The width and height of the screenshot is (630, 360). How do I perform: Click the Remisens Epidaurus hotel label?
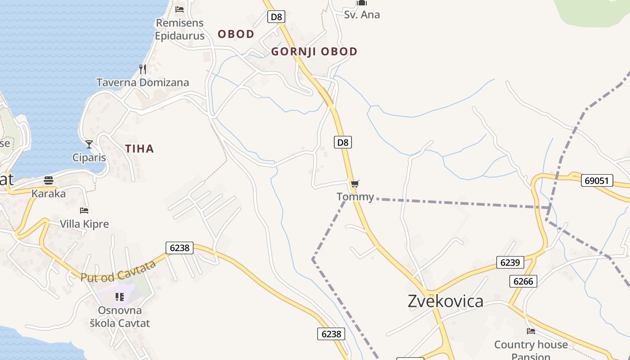[180, 29]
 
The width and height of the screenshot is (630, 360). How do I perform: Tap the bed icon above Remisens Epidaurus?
[180, 9]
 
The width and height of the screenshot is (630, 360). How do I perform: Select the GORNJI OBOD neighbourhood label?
[314, 51]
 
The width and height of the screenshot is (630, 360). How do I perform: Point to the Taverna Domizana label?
[143, 83]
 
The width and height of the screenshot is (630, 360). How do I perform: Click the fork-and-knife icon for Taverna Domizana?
[143, 69]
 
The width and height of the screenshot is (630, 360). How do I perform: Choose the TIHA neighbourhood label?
[139, 148]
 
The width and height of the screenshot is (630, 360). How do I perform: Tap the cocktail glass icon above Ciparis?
[89, 144]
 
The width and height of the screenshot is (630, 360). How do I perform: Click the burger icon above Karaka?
[49, 180]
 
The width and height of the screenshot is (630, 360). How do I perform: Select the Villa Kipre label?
[85, 224]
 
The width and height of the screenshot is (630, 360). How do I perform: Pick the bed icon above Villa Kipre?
[84, 210]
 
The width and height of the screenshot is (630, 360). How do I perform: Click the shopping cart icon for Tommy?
[355, 184]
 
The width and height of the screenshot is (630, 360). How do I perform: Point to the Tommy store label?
[355, 197]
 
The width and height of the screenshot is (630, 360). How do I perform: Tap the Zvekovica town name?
[445, 301]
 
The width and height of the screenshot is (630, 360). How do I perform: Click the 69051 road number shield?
[597, 180]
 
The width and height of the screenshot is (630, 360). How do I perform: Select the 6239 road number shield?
[510, 262]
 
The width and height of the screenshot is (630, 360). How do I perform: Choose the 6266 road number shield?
[523, 281]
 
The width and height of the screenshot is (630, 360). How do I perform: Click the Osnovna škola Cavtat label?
[120, 317]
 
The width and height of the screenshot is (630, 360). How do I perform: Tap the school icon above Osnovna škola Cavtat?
[120, 297]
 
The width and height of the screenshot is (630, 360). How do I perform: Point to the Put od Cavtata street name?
[118, 272]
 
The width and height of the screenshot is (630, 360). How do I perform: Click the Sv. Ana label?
[362, 14]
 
